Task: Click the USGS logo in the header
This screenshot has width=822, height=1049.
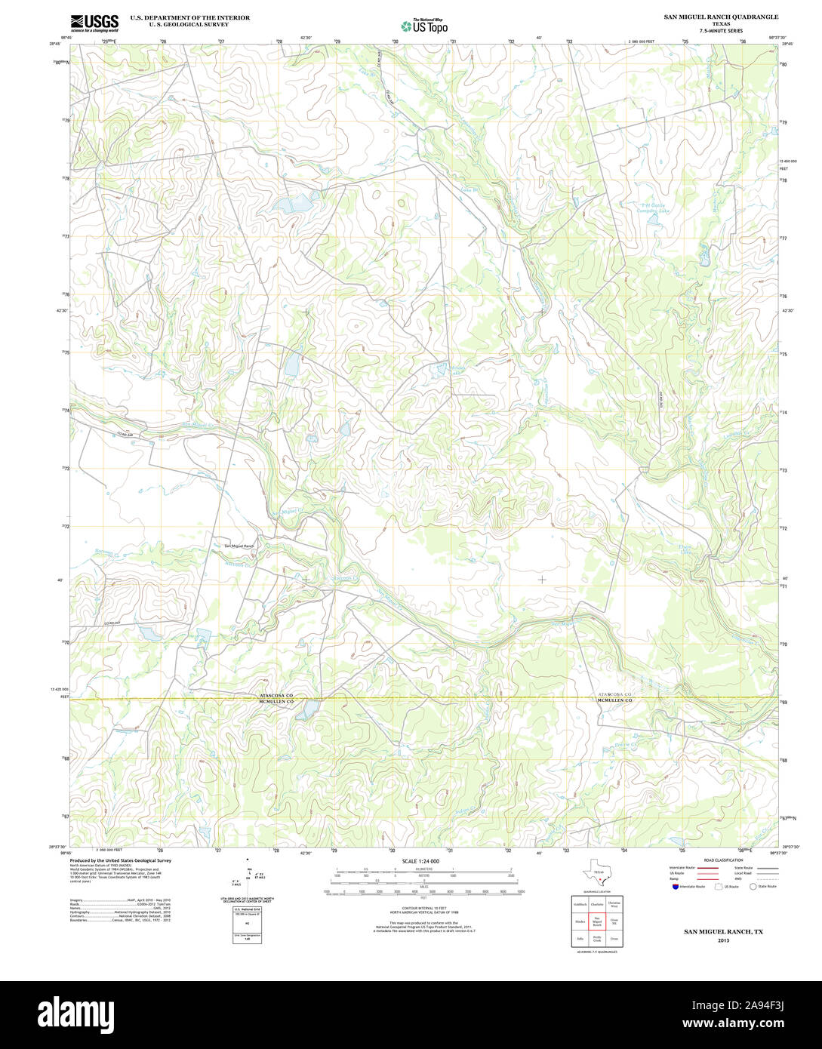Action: point(94,23)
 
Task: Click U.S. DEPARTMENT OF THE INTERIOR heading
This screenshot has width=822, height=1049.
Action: point(190,17)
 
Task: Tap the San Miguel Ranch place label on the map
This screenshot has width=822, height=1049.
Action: point(239,546)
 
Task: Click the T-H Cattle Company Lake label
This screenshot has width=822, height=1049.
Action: point(655,208)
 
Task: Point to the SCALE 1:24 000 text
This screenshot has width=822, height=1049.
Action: point(420,861)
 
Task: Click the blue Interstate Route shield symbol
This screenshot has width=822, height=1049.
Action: point(675,887)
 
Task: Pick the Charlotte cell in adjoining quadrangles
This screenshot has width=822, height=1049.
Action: point(596,903)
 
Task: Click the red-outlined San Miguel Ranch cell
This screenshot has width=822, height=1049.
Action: point(596,921)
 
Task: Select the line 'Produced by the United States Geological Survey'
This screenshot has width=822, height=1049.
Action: point(121,860)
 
